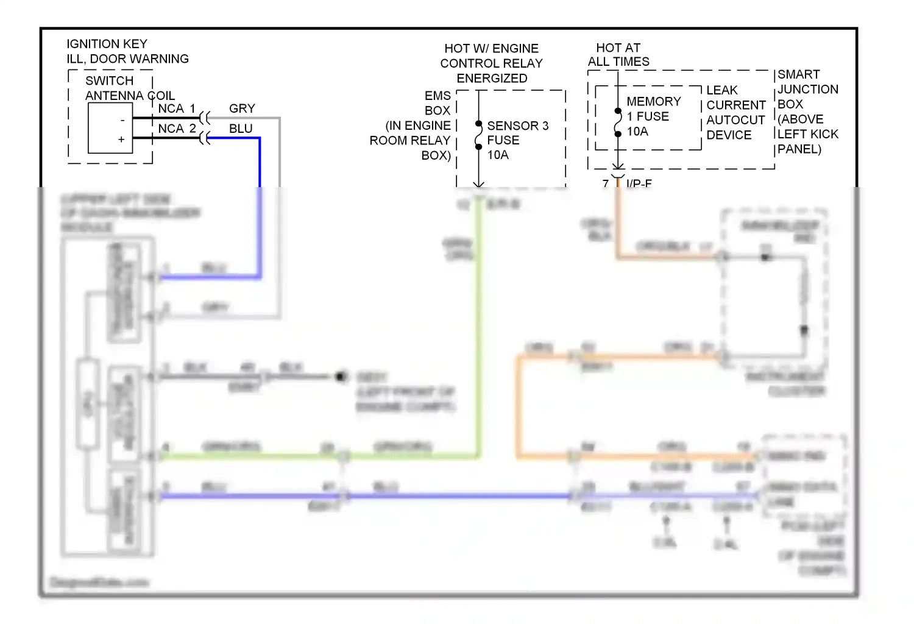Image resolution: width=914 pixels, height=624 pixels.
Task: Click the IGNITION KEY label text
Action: tap(107, 44)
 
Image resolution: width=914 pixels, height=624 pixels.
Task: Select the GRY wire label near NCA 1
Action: tap(242, 108)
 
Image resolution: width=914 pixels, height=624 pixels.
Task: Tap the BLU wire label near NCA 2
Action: tap(241, 129)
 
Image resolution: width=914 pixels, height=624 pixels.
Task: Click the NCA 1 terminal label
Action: tap(176, 108)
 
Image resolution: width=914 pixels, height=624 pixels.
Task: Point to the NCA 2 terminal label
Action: tap(176, 129)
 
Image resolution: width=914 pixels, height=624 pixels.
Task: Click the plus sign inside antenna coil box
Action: tap(121, 140)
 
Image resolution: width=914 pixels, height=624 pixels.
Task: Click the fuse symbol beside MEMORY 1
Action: tap(618, 122)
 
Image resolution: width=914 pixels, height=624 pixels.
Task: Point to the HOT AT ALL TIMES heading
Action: tap(618, 55)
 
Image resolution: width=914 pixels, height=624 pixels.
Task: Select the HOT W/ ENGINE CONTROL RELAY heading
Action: tap(491, 63)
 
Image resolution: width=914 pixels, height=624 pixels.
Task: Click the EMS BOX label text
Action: tap(438, 103)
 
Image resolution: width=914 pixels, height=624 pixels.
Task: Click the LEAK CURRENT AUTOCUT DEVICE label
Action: tap(735, 113)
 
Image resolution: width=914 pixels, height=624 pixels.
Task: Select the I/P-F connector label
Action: tap(639, 183)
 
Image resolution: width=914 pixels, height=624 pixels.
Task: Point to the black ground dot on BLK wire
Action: tap(340, 377)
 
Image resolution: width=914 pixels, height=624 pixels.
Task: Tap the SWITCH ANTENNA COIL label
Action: tap(129, 88)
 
